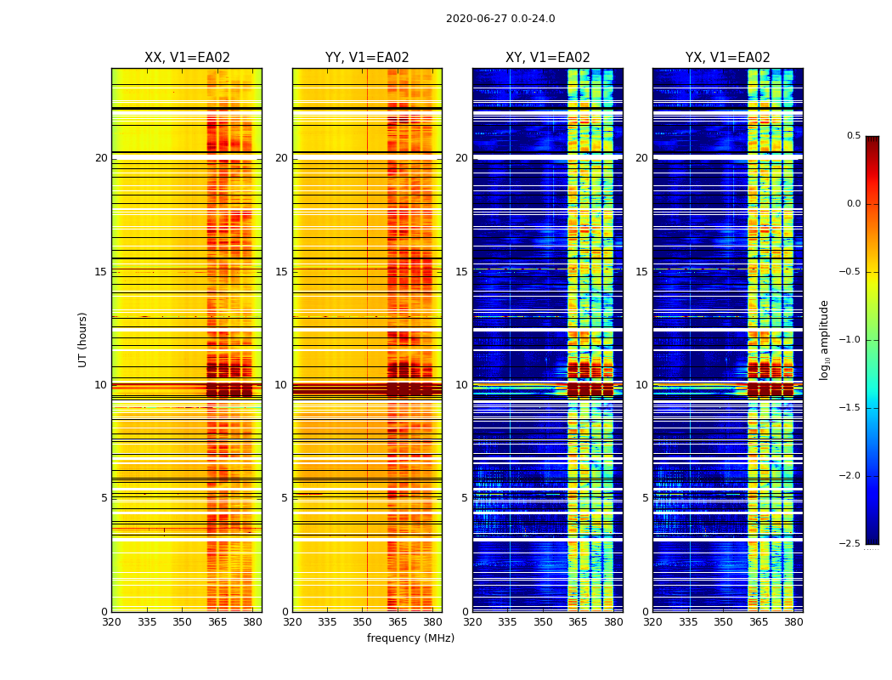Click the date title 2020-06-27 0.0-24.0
pos(500,19)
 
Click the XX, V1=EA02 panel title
pos(187,58)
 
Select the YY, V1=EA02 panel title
pos(367,58)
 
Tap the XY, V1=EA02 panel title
pos(548,58)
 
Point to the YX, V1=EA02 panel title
pos(728,58)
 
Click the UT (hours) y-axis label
pos(83,339)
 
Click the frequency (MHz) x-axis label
pos(410,638)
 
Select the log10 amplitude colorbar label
pos(824,339)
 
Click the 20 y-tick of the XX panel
pos(101,158)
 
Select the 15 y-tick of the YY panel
pos(281,272)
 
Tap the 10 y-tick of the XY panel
pos(461,385)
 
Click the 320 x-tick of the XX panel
pos(111,622)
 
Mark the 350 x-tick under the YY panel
pos(363,622)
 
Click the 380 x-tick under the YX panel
pos(793,622)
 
